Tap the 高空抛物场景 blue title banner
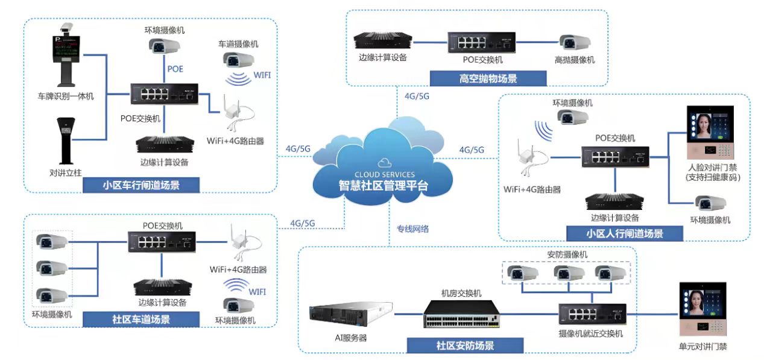[488, 78]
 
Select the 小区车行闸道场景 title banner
[141, 185]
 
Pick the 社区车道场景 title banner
[141, 319]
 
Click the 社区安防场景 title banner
[465, 346]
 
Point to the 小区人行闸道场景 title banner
[624, 233]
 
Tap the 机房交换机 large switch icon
[461, 314]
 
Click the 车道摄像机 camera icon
[238, 60]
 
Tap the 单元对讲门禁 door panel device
[702, 309]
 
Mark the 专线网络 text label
[412, 229]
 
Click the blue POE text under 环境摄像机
[175, 69]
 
